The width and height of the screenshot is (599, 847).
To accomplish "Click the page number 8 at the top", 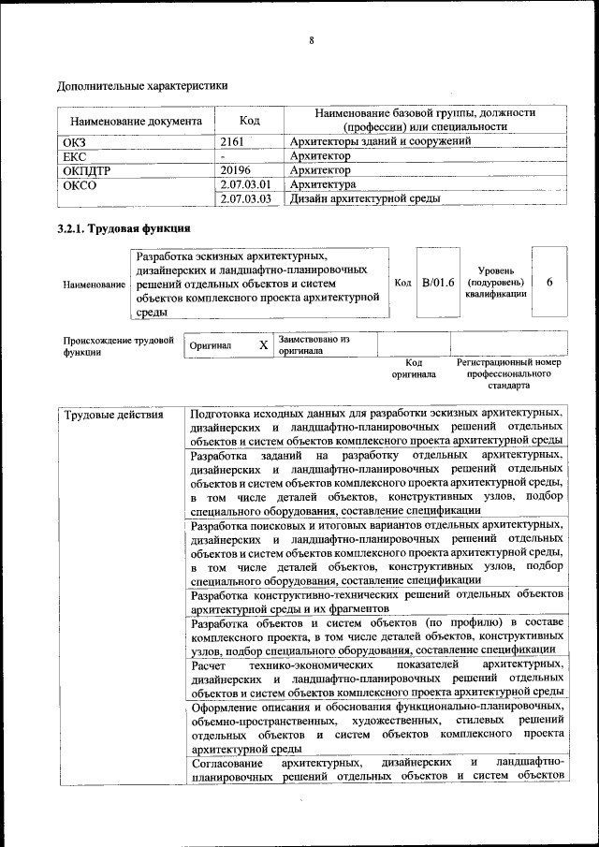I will pyautogui.click(x=311, y=40).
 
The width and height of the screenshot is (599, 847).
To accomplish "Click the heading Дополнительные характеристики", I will pyautogui.click(x=142, y=86).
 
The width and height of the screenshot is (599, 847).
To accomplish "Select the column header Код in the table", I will pyautogui.click(x=249, y=120).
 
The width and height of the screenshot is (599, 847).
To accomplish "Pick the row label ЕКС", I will pyautogui.click(x=74, y=156).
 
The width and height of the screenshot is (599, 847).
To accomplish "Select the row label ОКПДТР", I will pyautogui.click(x=87, y=171).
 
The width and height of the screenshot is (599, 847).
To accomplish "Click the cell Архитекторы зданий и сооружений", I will pyautogui.click(x=380, y=141).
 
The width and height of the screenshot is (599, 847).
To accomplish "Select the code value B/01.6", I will pyautogui.click(x=438, y=282).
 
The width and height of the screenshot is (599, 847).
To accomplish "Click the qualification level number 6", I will pyautogui.click(x=549, y=282).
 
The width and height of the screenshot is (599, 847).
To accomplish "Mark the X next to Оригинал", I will pyautogui.click(x=263, y=345).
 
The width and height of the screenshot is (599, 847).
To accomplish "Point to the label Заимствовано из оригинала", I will pyautogui.click(x=314, y=344).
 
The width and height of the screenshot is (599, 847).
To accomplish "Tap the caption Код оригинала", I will pyautogui.click(x=414, y=368).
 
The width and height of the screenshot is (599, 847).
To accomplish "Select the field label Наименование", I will pyautogui.click(x=94, y=284).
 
